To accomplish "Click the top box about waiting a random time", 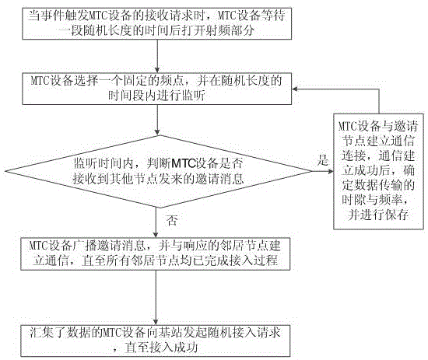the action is tap(156, 24).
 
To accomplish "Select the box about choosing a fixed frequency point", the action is tap(156, 89).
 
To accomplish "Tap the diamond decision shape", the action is tap(158, 172).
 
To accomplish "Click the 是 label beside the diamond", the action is tap(323, 160).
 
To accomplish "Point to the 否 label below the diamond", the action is tap(172, 220).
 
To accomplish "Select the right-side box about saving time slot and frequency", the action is tap(379, 171).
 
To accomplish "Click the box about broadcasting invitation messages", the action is tap(156, 254).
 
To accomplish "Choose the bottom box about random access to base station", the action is tap(156, 341).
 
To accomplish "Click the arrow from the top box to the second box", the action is tap(157, 56).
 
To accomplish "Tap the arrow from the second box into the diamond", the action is tap(157, 120).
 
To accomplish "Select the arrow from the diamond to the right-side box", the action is tap(323, 172).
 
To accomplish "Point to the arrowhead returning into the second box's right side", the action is tap(294, 89).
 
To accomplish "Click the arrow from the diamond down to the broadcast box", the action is tap(156, 223).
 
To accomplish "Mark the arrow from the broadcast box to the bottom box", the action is tap(156, 298).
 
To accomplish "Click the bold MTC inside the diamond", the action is tap(184, 163).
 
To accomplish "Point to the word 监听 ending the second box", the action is tap(193, 96).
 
